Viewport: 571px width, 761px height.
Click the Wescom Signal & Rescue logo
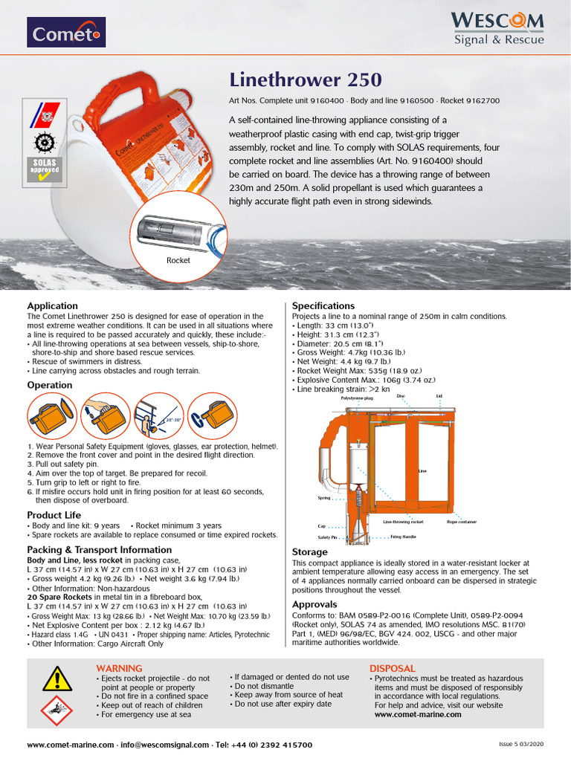click(x=498, y=28)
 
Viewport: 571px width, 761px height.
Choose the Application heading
click(x=52, y=305)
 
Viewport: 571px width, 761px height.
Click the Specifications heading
click(x=323, y=305)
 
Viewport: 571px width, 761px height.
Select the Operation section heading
click(x=50, y=385)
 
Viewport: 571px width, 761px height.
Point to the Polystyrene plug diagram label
click(x=357, y=398)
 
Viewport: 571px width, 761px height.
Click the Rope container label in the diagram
click(x=461, y=522)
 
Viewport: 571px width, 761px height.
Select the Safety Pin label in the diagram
click(x=328, y=536)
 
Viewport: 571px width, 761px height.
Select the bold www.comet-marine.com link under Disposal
click(x=417, y=714)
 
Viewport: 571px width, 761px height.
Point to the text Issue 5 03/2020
click(x=520, y=744)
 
